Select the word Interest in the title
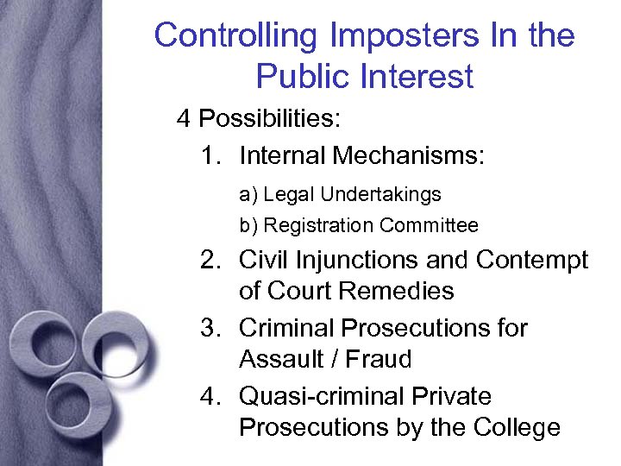(417, 77)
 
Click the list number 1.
(208, 156)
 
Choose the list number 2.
(208, 260)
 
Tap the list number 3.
(208, 329)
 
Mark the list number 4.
(208, 397)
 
